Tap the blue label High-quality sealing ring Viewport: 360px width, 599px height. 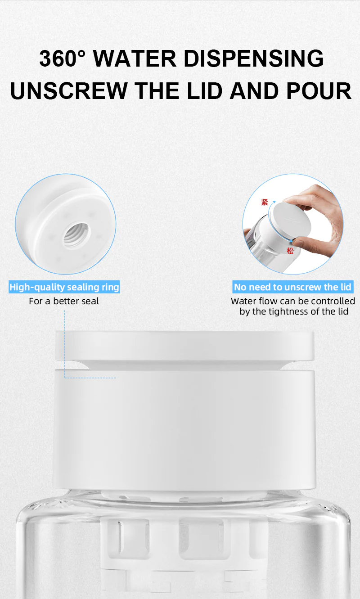pos(64,287)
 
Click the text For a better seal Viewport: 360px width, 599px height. pos(64,301)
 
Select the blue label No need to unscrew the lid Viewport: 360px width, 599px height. pos(292,287)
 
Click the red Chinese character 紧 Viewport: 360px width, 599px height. pos(265,203)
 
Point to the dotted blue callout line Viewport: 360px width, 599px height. pos(64,342)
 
